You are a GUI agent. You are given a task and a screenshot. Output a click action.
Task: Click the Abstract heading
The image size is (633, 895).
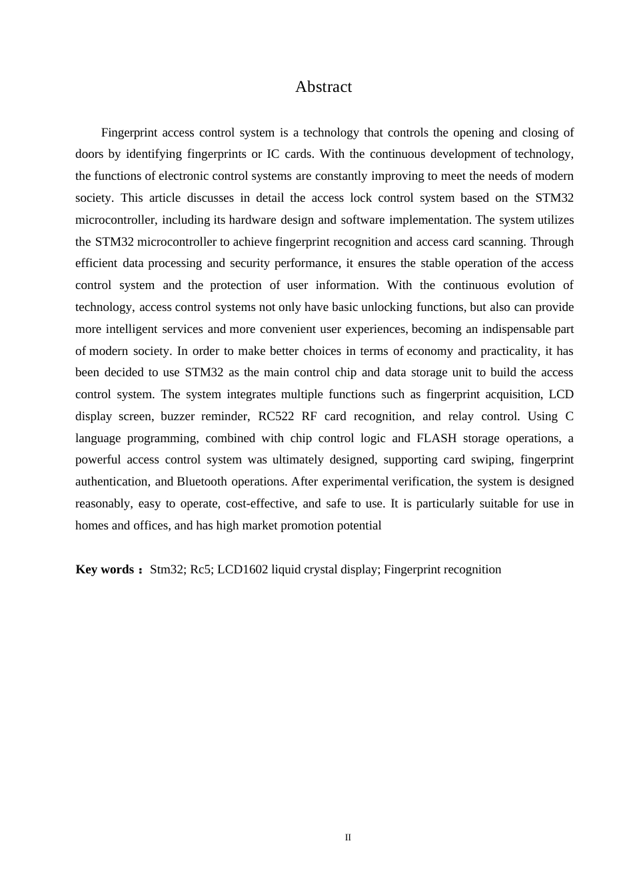(323, 87)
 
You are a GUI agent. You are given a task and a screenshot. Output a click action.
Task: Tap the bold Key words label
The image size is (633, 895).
(105, 569)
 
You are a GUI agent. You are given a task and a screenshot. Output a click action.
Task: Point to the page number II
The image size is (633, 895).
(348, 837)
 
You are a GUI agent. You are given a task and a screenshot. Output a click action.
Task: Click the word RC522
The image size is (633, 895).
(275, 416)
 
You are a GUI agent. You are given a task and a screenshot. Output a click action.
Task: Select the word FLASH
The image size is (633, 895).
(436, 438)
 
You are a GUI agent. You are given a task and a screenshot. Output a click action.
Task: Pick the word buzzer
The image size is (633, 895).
(177, 416)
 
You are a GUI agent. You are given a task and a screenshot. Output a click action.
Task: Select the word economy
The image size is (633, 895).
(430, 351)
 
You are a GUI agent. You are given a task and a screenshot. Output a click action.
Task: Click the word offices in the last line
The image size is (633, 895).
(150, 525)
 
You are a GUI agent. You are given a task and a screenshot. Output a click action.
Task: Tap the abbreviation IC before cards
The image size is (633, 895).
(273, 154)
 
